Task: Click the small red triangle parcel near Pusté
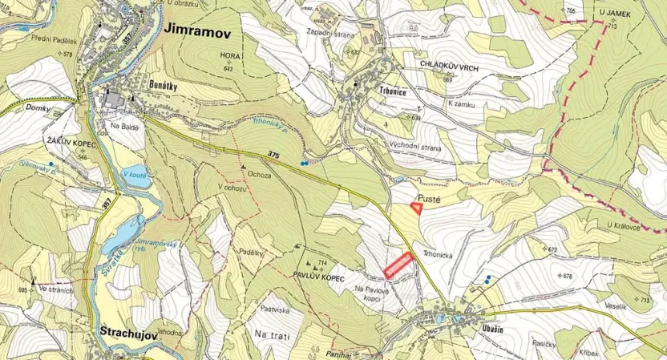click(417, 207)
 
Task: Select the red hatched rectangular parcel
click(398, 265)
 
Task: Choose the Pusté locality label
click(431, 195)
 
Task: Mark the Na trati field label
click(270, 334)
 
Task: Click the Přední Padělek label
click(53, 38)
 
